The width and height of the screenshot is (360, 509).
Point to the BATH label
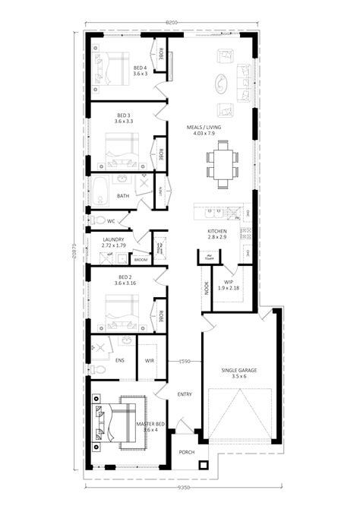click(x=123, y=196)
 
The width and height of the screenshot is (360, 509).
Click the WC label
click(x=110, y=221)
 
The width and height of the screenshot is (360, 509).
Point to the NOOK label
click(x=206, y=287)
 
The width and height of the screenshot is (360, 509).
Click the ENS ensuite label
click(x=120, y=361)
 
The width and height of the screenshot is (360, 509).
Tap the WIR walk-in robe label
click(x=150, y=361)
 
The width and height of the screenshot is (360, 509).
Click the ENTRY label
click(x=184, y=394)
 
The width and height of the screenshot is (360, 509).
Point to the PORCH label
click(x=186, y=452)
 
